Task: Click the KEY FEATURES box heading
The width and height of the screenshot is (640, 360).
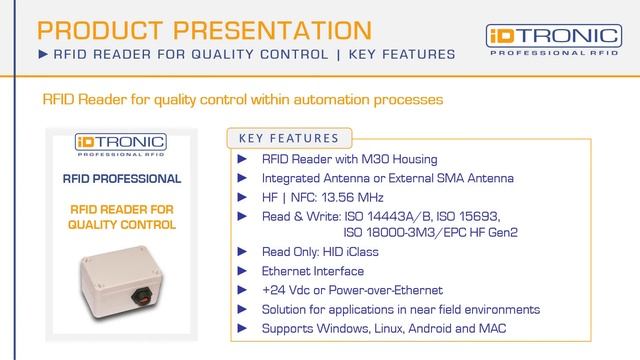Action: [290, 138]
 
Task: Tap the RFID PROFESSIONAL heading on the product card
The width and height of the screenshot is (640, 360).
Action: [121, 179]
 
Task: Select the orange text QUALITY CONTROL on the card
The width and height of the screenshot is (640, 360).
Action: [121, 225]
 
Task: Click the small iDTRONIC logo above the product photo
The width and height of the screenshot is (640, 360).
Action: [121, 147]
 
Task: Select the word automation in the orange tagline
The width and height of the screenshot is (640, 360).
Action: [342, 101]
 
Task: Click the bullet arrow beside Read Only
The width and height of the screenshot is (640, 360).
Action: [243, 252]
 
